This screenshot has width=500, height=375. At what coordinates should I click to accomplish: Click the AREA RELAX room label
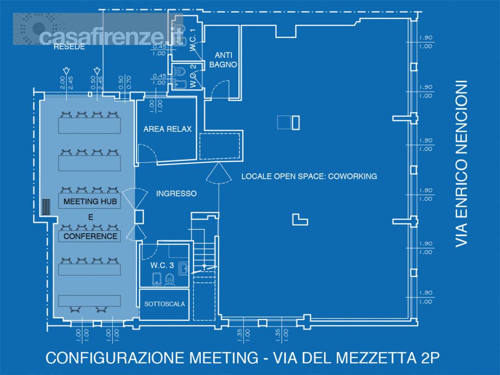coord(168,129)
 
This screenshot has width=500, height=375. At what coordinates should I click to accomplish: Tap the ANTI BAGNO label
coord(223,60)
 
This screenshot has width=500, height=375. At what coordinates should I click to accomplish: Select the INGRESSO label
coord(176,193)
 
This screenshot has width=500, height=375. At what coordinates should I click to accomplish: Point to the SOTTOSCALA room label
coord(164,304)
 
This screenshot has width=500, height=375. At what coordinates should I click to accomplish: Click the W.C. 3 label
coord(162,265)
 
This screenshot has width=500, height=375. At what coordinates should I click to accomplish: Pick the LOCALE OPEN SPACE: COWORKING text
coord(309,176)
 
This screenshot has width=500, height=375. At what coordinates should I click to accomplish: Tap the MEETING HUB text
coord(90,202)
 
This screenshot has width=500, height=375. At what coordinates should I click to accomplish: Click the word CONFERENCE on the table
coord(90,236)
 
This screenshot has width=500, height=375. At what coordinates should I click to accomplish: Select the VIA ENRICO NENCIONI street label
coord(461,164)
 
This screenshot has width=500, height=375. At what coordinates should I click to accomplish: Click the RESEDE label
coord(69,47)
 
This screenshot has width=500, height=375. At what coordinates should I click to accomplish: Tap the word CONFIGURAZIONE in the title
coord(115,357)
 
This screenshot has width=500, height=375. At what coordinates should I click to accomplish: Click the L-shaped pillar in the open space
coord(300,220)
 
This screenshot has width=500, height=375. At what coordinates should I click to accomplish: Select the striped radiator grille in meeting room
coord(46,207)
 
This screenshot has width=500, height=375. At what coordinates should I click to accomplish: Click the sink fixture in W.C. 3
coord(184,268)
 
